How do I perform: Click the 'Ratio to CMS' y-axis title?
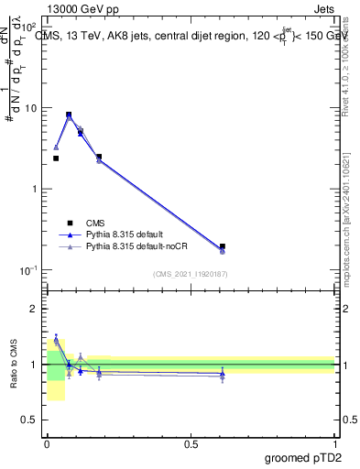click(14, 365)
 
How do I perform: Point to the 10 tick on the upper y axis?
click(31, 108)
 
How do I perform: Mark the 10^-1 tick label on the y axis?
click(29, 270)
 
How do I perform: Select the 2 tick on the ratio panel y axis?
click(36, 309)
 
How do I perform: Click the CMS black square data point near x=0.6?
click(223, 246)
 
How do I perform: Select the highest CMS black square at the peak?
click(69, 115)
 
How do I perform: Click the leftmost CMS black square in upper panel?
click(56, 158)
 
